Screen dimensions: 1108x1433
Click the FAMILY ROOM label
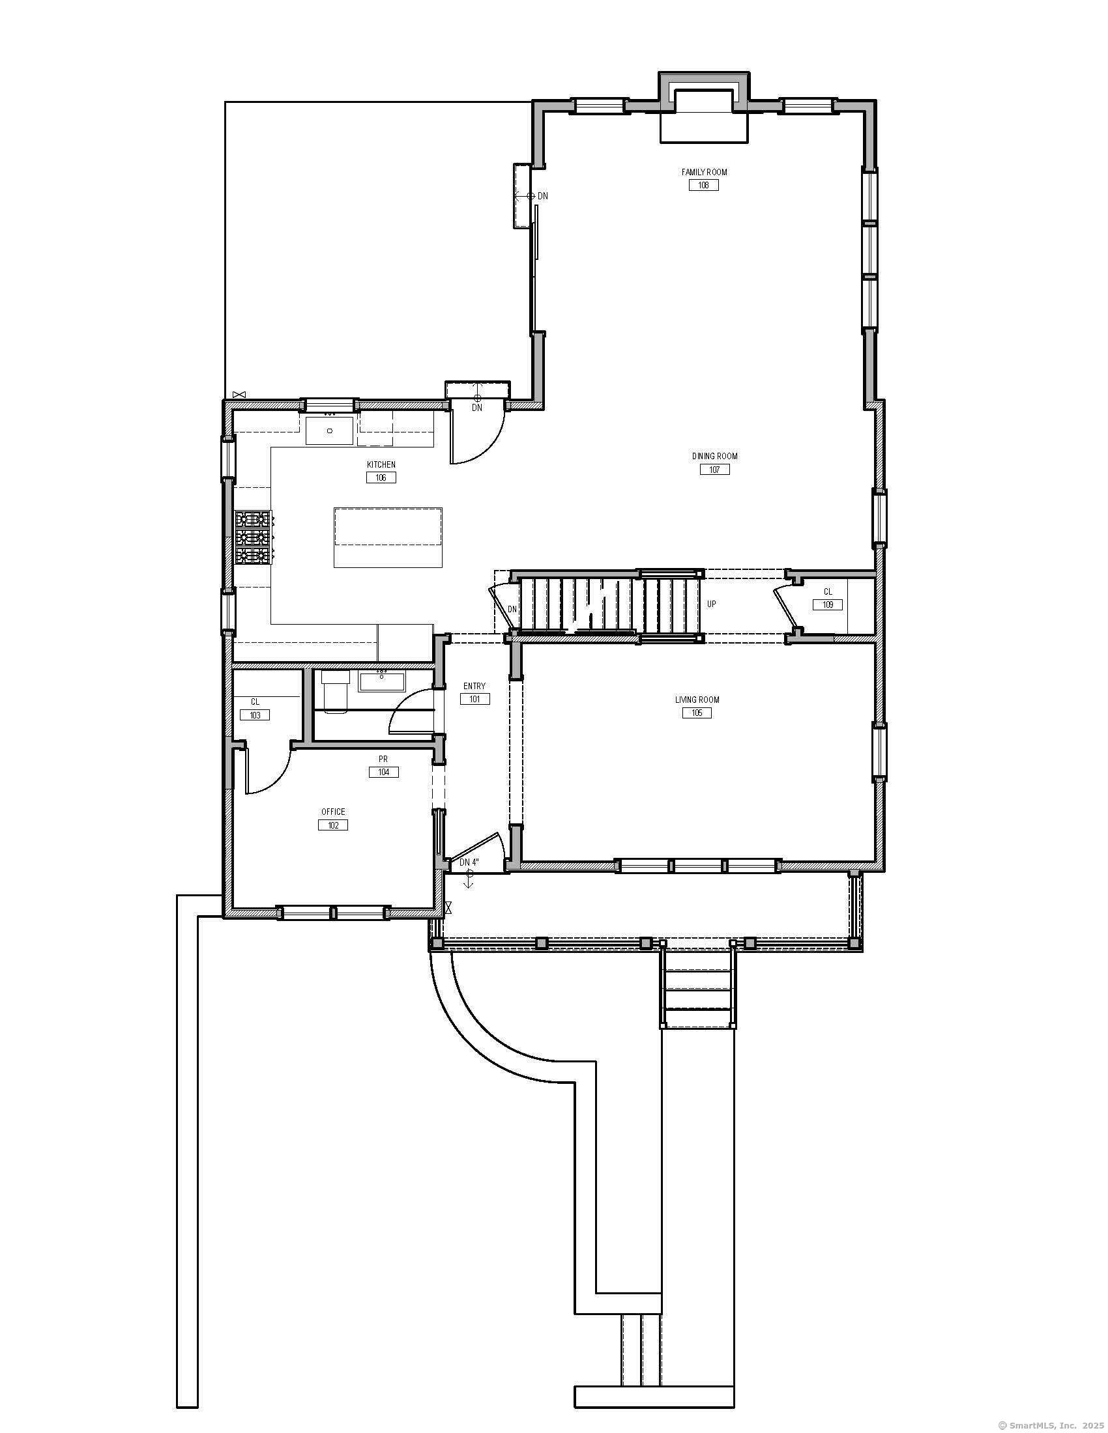(704, 172)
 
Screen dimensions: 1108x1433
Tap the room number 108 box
(704, 185)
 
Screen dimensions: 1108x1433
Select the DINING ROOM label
(714, 456)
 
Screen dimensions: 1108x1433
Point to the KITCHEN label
(381, 464)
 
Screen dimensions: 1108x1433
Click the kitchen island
(387, 537)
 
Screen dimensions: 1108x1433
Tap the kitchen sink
(330, 430)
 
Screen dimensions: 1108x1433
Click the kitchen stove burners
(254, 537)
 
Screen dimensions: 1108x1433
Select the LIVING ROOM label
(697, 700)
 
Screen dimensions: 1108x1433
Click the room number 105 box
(697, 713)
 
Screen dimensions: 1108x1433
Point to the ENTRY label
(474, 687)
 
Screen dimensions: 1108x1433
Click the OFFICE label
(333, 812)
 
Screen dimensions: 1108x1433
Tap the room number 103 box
(255, 715)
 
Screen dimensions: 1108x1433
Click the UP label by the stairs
(712, 604)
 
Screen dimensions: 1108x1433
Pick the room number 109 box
(828, 604)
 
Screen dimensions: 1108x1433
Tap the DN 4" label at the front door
(469, 862)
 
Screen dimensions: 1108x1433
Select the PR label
(383, 759)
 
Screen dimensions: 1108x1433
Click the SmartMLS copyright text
(1051, 1425)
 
